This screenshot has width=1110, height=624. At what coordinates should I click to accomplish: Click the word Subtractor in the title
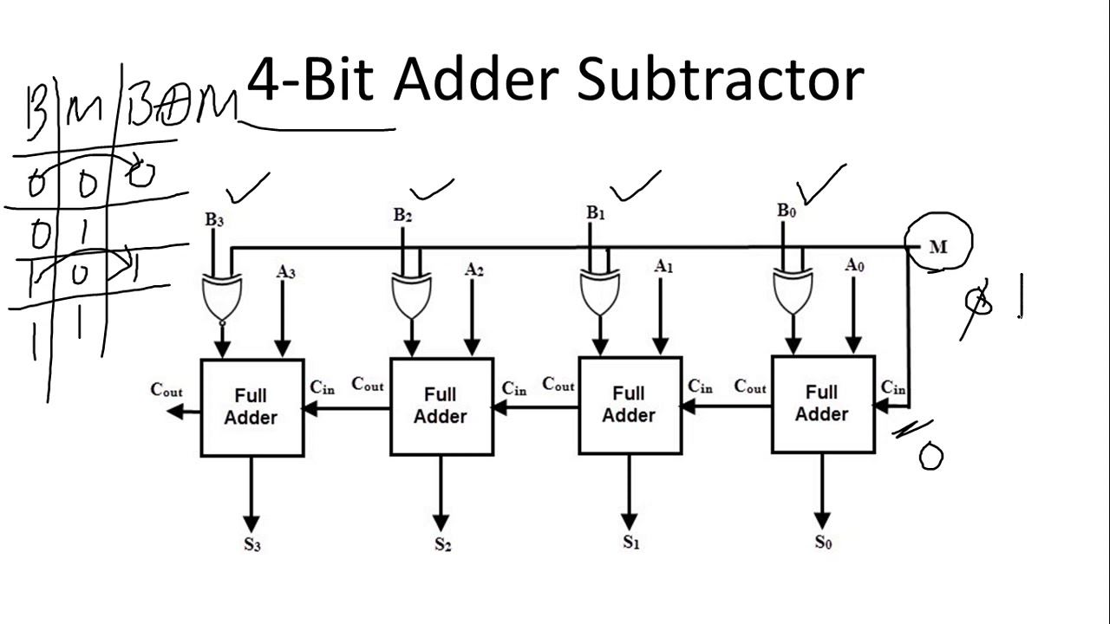coord(720,80)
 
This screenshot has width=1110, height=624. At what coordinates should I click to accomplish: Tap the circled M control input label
coord(938,247)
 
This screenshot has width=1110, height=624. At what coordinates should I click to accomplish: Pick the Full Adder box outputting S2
coord(441,406)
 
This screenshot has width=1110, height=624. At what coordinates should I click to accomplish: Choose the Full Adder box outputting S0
coord(822,404)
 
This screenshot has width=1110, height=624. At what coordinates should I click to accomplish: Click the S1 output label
coord(630,543)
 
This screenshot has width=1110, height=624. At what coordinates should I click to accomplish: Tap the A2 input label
coord(473,270)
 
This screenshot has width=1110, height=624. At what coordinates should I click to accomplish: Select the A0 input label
coord(854,265)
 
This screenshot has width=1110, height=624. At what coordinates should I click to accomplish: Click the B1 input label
coord(595,212)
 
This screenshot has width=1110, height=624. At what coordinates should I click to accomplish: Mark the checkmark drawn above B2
coord(432,190)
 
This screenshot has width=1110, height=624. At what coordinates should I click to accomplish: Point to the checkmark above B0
coord(820,185)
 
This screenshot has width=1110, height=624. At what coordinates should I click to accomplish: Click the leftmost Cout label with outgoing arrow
coord(166,390)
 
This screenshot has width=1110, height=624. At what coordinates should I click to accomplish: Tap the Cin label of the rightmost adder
coord(893,387)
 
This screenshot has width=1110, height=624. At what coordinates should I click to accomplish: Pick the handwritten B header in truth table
coord(36,113)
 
